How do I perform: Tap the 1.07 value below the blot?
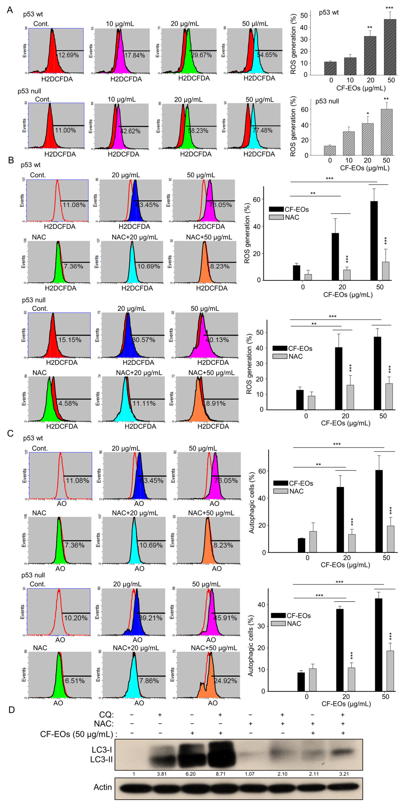[250, 774]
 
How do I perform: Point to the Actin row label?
[103, 787]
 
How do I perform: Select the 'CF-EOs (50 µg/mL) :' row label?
[79, 734]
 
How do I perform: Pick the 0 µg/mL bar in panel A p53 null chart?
[330, 150]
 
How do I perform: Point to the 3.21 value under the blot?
[344, 774]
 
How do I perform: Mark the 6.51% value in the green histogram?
[75, 681]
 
